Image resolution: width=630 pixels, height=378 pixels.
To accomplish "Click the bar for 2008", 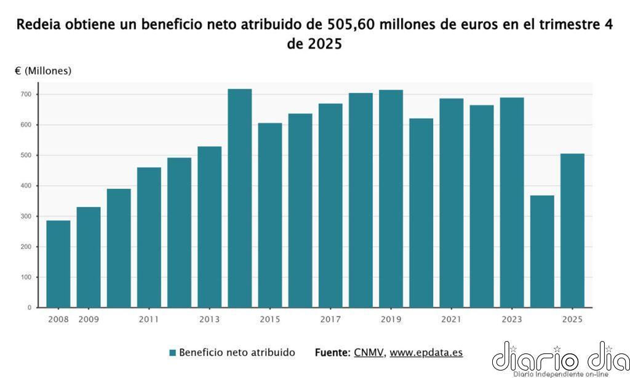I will tap(58, 264).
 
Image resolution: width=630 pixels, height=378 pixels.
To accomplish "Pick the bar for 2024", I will tap(542, 252).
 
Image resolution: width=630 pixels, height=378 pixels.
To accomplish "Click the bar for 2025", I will tap(572, 231).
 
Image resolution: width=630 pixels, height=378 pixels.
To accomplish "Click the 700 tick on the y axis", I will tap(25, 94).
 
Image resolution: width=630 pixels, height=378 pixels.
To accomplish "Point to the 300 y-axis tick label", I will tap(25, 216).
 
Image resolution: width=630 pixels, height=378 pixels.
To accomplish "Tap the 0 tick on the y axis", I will tap(29, 307).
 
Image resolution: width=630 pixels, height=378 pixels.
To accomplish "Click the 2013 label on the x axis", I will tap(209, 320).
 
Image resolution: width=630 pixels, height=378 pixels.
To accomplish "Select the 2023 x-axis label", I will tap(511, 320).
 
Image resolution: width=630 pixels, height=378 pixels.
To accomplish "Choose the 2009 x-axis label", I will tap(89, 320).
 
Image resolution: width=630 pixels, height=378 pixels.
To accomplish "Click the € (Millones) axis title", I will tap(43, 71).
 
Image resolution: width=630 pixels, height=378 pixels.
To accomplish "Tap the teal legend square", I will tap(173, 353).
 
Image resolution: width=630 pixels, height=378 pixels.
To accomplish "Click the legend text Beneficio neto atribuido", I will tap(237, 353).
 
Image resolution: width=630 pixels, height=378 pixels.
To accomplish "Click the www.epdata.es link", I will tap(426, 353).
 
